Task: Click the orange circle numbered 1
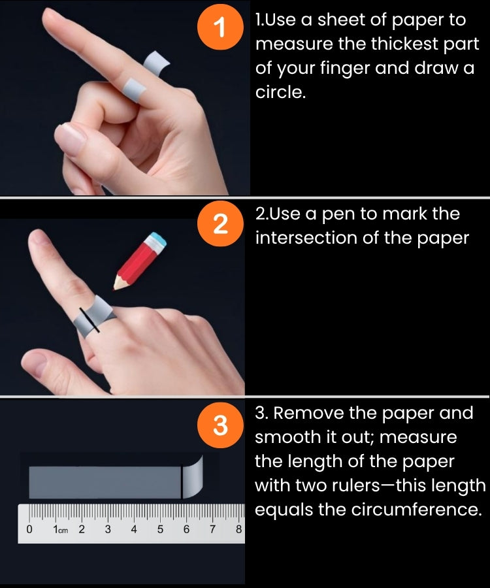tap(220, 27)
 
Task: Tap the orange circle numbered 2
tap(220, 223)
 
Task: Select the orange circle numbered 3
tap(220, 425)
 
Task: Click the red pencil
tap(139, 261)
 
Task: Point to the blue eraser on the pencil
tap(159, 239)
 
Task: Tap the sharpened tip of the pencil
tap(114, 289)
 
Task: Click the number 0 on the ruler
tap(29, 529)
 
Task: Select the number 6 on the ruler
tap(186, 529)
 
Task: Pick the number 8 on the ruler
tap(238, 529)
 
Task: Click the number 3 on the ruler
tap(108, 529)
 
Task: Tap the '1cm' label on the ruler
tap(60, 529)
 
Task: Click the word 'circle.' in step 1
tap(280, 92)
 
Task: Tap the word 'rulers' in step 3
tap(357, 485)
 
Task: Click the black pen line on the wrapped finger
tap(90, 320)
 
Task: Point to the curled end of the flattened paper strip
tap(193, 477)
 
